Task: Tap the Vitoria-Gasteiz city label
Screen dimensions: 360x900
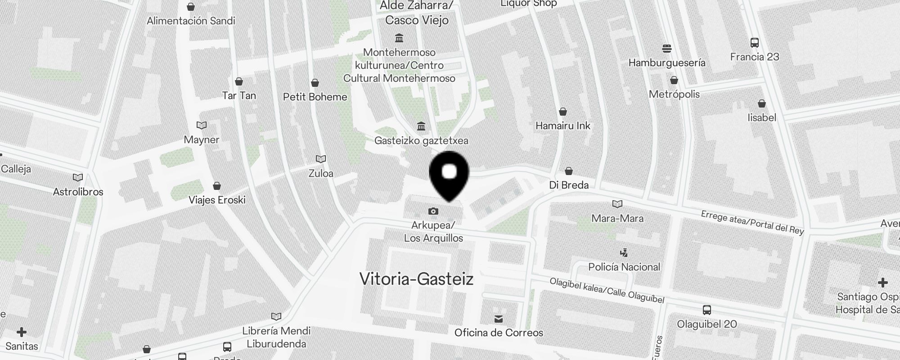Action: (x=416, y=279)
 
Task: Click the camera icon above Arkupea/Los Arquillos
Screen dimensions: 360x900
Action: (x=433, y=211)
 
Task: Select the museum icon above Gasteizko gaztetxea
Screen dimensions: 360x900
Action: (x=421, y=126)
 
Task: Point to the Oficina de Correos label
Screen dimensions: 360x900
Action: (x=499, y=333)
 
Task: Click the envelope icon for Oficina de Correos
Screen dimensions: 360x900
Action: (x=499, y=319)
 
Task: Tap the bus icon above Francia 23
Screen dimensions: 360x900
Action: (x=755, y=43)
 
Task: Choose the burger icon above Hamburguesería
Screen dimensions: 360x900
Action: (x=667, y=48)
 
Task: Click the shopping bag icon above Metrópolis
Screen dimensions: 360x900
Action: (x=674, y=80)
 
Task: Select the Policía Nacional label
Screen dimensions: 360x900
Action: (x=624, y=267)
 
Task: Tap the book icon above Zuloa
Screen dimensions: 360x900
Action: (x=321, y=159)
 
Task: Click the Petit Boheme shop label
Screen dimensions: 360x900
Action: (x=315, y=97)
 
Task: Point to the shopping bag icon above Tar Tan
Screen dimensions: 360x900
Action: (x=239, y=81)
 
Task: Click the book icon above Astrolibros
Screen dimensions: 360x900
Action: (x=78, y=177)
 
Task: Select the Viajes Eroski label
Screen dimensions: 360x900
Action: (x=217, y=200)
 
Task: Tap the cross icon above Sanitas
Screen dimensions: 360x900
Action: (x=22, y=332)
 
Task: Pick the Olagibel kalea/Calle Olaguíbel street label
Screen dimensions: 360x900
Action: (x=607, y=290)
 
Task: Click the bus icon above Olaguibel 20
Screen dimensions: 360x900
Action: (x=707, y=310)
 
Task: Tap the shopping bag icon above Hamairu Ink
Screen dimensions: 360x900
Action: (x=563, y=112)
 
